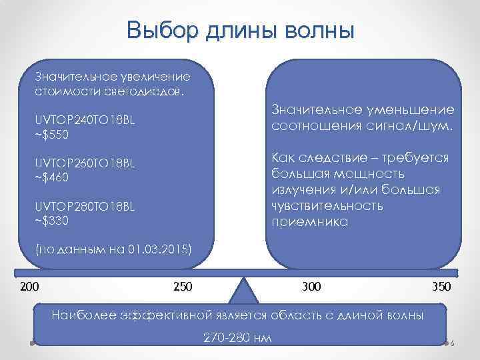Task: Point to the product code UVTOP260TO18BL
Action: [84, 163]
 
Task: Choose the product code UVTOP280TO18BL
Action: [84, 207]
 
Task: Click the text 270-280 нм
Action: [237, 337]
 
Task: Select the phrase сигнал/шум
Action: [412, 126]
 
